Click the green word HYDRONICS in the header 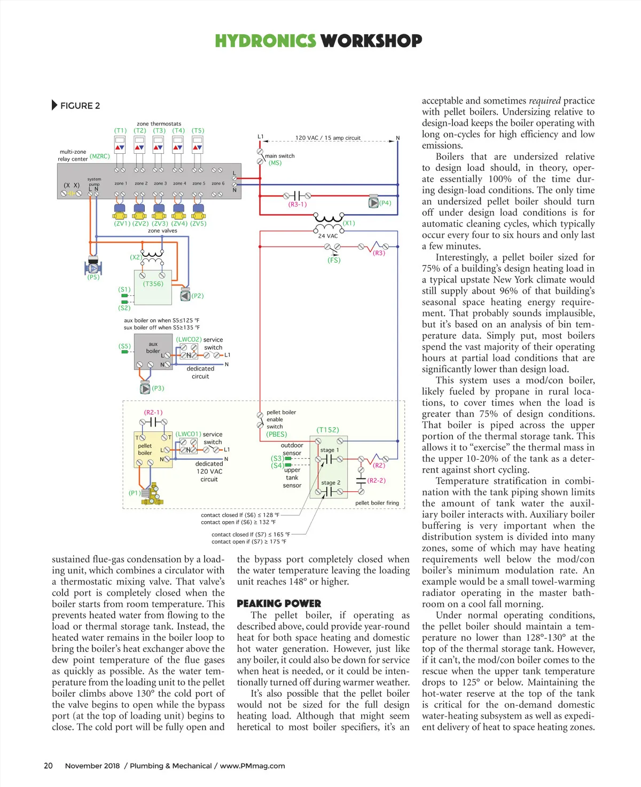tap(265, 41)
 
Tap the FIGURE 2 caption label tap(80, 106)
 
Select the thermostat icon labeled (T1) tap(120, 145)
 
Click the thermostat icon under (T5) tap(198, 145)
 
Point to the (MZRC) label tap(100, 156)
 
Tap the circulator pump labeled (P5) tap(93, 267)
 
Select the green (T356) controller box tap(153, 287)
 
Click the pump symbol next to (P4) tap(373, 202)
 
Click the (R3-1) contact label tap(298, 204)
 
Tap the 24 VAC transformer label tap(328, 236)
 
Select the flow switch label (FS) tap(334, 261)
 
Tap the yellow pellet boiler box tap(153, 449)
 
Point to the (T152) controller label tap(327, 430)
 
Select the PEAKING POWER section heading tap(279, 604)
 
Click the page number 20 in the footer tap(48, 766)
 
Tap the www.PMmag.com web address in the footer tap(252, 766)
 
